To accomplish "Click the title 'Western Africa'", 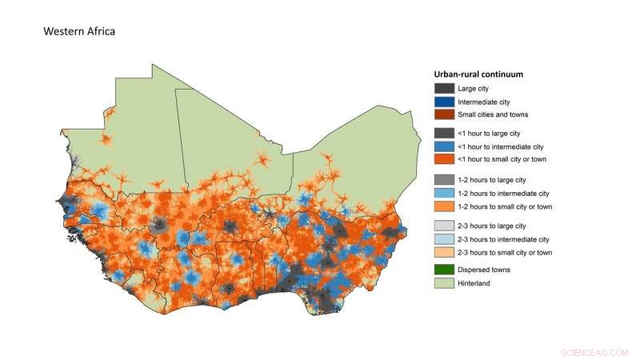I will pyautogui.click(x=80, y=32).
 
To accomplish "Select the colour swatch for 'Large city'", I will pyautogui.click(x=444, y=88).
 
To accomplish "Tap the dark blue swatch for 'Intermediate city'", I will pyautogui.click(x=444, y=102).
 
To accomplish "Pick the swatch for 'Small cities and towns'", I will pyautogui.click(x=444, y=114).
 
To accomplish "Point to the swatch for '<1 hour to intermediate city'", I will pyautogui.click(x=444, y=146).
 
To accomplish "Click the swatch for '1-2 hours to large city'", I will pyautogui.click(x=444, y=180).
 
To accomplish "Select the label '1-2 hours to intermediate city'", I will pyautogui.click(x=503, y=193).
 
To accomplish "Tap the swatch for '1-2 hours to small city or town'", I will pyautogui.click(x=444, y=206).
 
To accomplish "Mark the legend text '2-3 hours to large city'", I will pyautogui.click(x=492, y=226).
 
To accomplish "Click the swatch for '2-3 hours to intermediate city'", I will pyautogui.click(x=444, y=239).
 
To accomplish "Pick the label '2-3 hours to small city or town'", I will pyautogui.click(x=505, y=252).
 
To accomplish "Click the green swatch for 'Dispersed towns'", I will pyautogui.click(x=444, y=270).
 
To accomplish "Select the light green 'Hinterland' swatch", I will pyautogui.click(x=444, y=283).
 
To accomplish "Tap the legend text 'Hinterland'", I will pyautogui.click(x=475, y=283).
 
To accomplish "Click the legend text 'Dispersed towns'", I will pyautogui.click(x=484, y=270).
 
